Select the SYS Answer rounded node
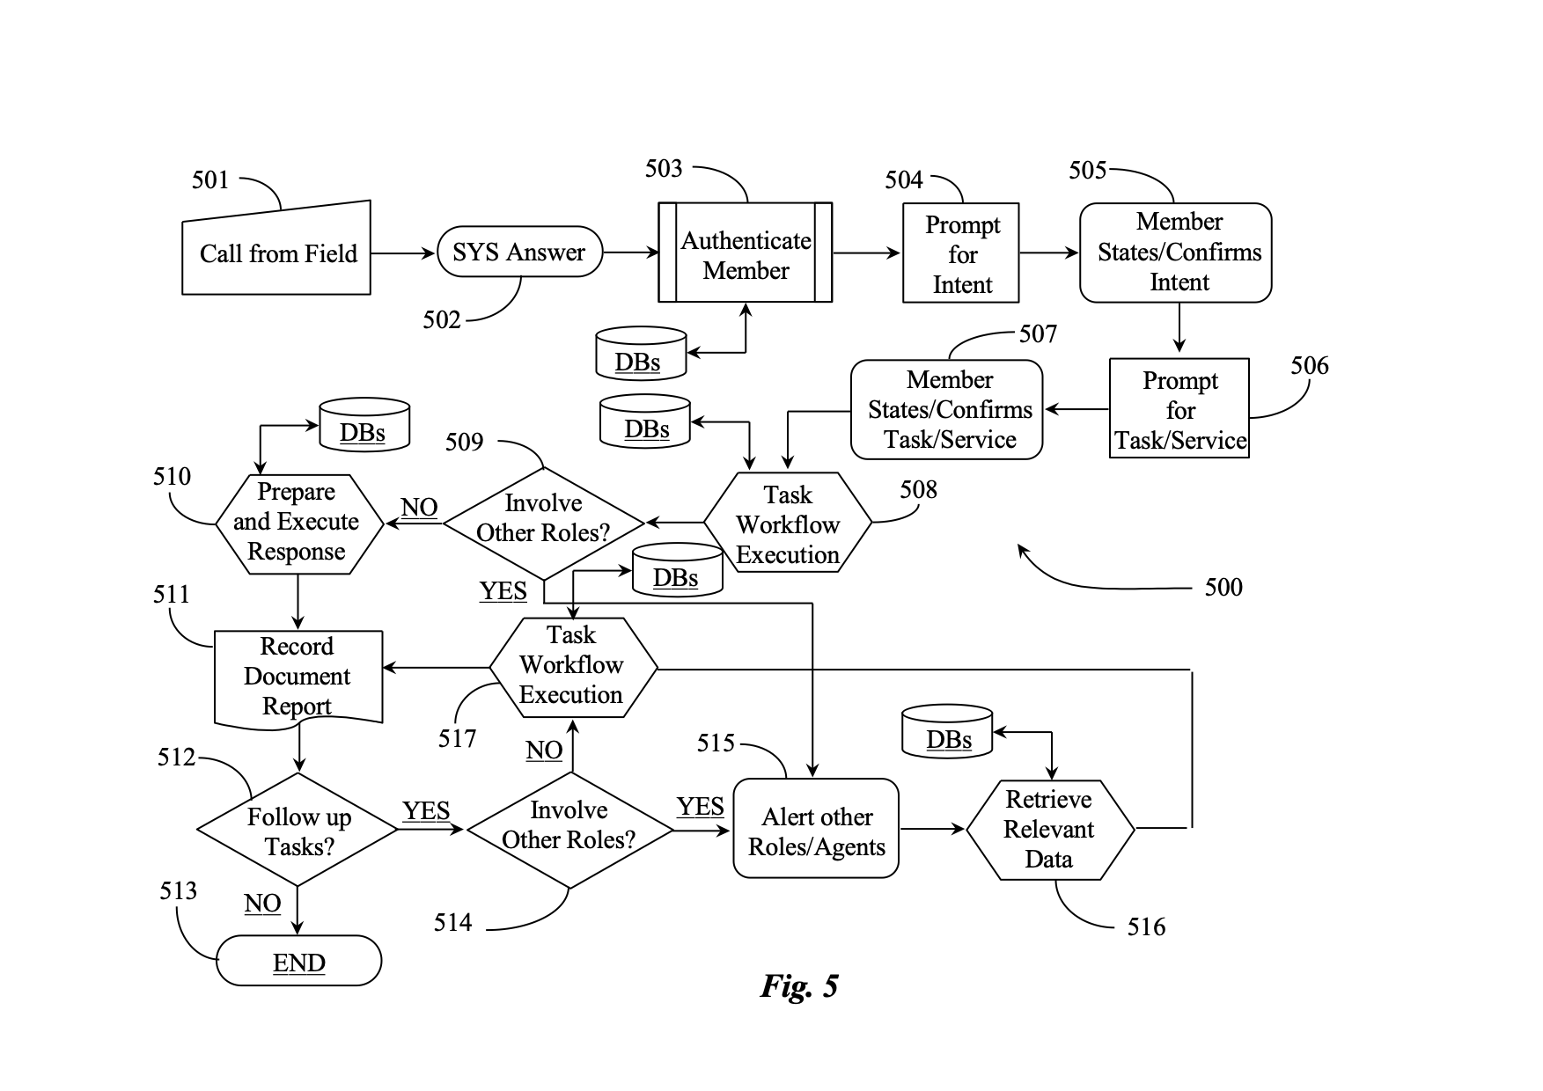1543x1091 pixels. [x=519, y=253]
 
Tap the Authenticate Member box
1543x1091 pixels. [x=746, y=253]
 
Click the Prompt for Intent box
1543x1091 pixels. [x=961, y=253]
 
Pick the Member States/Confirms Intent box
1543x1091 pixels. [x=1176, y=253]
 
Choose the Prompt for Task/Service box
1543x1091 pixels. [x=1179, y=408]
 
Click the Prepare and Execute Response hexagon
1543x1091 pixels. [x=299, y=524]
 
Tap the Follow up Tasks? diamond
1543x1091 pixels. [x=298, y=829]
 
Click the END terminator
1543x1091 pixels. [x=298, y=961]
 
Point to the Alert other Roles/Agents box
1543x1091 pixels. [x=816, y=828]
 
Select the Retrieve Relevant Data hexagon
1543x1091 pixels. [x=1050, y=830]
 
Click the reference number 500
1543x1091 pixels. [x=1223, y=587]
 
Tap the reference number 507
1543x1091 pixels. [x=1038, y=333]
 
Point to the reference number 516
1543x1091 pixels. [x=1146, y=926]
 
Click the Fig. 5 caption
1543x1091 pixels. [x=799, y=985]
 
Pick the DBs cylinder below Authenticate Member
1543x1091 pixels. [x=641, y=354]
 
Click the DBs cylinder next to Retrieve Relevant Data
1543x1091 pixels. [x=947, y=730]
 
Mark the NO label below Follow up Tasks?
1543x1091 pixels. [x=262, y=903]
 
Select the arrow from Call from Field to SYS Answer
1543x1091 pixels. [x=403, y=253]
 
